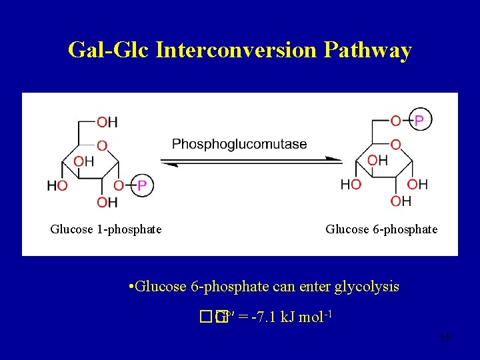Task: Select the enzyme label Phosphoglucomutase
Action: click(x=239, y=144)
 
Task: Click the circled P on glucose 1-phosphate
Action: click(x=141, y=185)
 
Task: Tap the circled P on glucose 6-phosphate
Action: click(x=419, y=120)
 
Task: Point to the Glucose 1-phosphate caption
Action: click(x=106, y=229)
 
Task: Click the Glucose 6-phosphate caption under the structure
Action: click(x=381, y=229)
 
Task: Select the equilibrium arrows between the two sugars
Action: click(x=251, y=161)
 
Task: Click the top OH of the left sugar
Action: click(x=107, y=122)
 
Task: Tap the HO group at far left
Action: click(x=57, y=185)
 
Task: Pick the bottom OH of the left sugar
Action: click(x=107, y=202)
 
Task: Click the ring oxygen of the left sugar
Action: click(x=101, y=145)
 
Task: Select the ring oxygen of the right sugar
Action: click(x=395, y=145)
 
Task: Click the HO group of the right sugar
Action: click(x=351, y=184)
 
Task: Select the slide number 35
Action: click(x=445, y=339)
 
